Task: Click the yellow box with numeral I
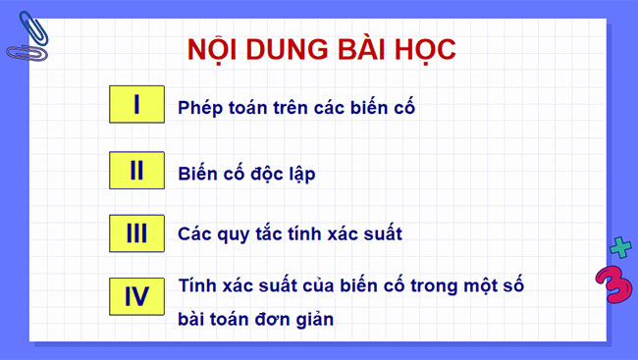click(136, 105)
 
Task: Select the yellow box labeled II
click(136, 171)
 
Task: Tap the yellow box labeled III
click(136, 233)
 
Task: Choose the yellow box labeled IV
click(136, 296)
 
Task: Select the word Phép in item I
click(200, 108)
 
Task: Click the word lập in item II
click(299, 174)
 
